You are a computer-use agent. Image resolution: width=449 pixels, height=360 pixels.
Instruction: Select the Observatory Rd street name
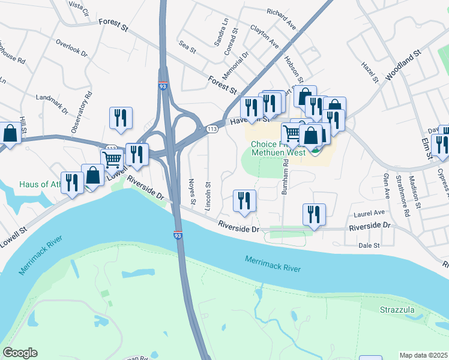pyautogui.click(x=82, y=112)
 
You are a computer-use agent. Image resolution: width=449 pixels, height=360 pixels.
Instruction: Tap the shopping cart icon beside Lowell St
pyautogui.click(x=112, y=160)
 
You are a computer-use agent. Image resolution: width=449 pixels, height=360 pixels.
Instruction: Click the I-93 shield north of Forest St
pyautogui.click(x=163, y=86)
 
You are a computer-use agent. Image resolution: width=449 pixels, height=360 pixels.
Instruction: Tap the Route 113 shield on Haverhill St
pyautogui.click(x=211, y=129)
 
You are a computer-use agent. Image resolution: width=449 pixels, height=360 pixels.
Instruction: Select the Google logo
pyautogui.click(x=20, y=353)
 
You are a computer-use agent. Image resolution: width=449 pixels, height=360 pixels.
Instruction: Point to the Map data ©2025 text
pyautogui.click(x=423, y=355)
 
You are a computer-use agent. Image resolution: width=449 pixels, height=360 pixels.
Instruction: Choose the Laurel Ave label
pyautogui.click(x=370, y=213)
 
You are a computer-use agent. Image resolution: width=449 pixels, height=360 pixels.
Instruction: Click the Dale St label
pyautogui.click(x=369, y=245)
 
